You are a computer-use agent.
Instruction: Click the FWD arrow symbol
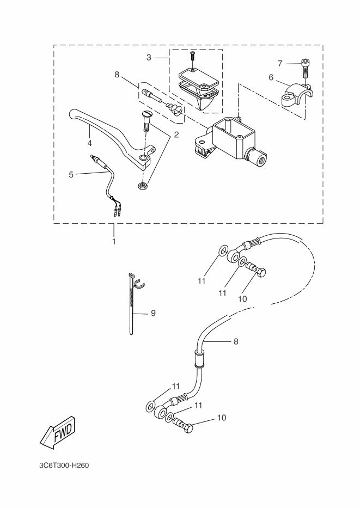(x=56, y=432)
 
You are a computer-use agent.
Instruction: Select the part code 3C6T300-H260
(x=64, y=466)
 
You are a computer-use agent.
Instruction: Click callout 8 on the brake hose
(x=236, y=342)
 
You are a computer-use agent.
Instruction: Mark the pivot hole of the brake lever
(x=144, y=158)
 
